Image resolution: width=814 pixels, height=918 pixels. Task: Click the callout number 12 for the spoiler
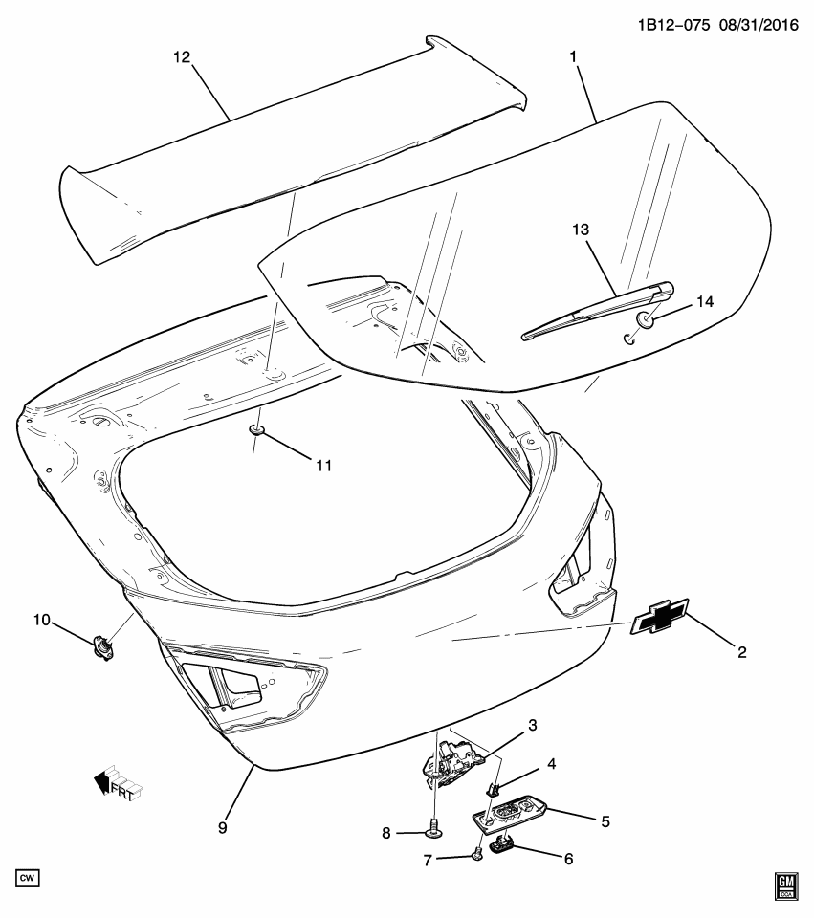click(x=181, y=57)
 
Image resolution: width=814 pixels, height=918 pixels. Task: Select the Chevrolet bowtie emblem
click(x=659, y=619)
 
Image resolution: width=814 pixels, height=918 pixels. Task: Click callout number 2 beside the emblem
click(x=741, y=653)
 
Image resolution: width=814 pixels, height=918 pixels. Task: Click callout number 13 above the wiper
click(x=582, y=230)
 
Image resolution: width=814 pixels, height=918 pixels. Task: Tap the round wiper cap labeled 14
click(x=647, y=318)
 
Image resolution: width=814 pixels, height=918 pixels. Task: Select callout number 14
click(x=704, y=301)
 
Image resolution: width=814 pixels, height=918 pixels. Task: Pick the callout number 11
click(x=322, y=465)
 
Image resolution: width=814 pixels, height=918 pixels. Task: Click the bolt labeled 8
click(x=435, y=828)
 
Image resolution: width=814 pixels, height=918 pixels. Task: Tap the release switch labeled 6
click(x=503, y=842)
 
